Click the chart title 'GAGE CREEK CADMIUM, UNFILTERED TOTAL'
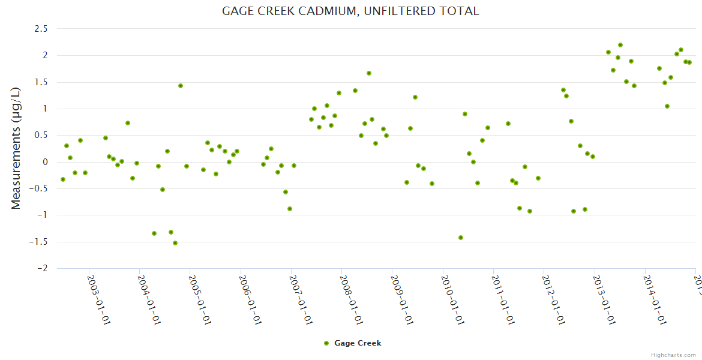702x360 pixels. (350, 11)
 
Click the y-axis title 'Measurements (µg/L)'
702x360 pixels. (16, 148)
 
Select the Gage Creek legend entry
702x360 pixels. (352, 343)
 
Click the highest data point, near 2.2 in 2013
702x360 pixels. (620, 45)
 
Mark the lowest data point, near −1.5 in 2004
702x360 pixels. (175, 243)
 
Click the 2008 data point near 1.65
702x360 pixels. (369, 73)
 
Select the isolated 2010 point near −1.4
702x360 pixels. (461, 238)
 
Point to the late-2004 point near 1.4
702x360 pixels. (181, 86)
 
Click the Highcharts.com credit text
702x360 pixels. (673, 355)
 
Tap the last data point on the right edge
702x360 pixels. (689, 62)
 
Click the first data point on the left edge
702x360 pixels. (63, 179)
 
